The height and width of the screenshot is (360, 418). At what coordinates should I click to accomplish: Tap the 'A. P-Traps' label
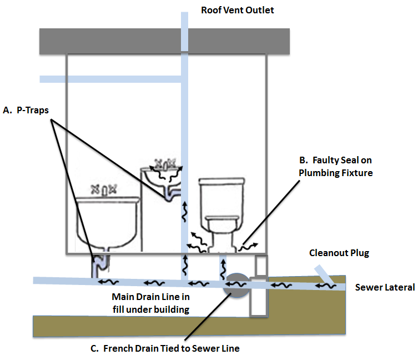tap(26, 110)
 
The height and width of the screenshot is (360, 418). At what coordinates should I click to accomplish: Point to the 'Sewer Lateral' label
tap(385, 287)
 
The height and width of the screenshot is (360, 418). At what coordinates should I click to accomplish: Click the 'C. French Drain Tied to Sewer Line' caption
tap(165, 348)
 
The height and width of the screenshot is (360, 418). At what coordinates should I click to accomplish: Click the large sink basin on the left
tap(107, 222)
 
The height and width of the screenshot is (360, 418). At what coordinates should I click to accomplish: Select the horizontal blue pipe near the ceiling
tap(111, 79)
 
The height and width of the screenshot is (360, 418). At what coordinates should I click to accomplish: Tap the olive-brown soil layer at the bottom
tap(139, 325)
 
